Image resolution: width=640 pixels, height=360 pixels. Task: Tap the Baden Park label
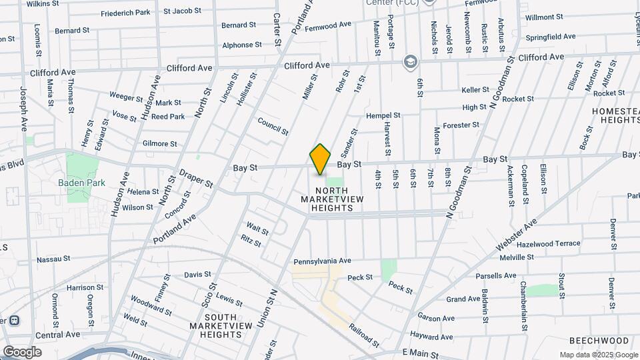[x=82, y=182]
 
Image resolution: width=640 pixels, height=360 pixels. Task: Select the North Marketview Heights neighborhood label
[x=331, y=199]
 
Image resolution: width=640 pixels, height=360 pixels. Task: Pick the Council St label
[x=273, y=127]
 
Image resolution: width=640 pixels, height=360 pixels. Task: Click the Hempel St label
[x=383, y=115]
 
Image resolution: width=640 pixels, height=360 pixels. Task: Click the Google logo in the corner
[x=22, y=352]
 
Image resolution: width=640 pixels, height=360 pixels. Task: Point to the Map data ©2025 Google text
[x=599, y=355]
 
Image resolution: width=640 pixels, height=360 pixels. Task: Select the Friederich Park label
[x=125, y=13]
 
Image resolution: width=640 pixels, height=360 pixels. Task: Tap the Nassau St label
[x=53, y=259]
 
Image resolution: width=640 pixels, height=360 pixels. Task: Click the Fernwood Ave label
[x=327, y=25]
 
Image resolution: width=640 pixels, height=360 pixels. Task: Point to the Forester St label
[x=461, y=125]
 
